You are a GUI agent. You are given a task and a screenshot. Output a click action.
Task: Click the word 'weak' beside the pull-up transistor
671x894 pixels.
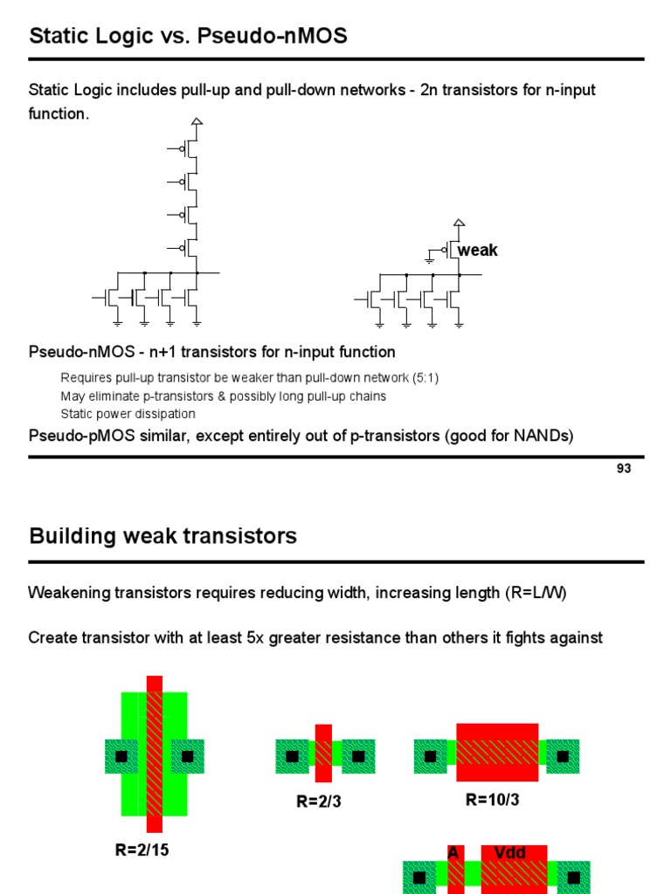[478, 251]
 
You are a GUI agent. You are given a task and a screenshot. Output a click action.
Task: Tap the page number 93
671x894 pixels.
[623, 469]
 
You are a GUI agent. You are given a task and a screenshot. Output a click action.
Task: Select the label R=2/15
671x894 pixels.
[142, 849]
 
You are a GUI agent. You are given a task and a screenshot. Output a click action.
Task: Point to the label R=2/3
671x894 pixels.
[318, 802]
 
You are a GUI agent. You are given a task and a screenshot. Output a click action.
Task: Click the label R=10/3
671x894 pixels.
[493, 799]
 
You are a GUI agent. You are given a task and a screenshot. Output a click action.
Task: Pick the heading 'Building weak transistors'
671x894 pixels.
[163, 535]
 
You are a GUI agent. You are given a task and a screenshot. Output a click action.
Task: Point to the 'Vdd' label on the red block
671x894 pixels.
[510, 852]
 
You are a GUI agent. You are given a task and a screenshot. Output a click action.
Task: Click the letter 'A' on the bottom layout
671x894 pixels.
[453, 852]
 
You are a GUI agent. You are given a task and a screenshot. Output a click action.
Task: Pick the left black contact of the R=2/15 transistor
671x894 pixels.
[121, 755]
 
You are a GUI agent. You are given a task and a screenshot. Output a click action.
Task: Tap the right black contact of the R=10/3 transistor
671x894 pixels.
[564, 755]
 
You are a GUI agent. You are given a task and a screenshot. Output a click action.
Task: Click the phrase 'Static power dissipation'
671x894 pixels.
[128, 414]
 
